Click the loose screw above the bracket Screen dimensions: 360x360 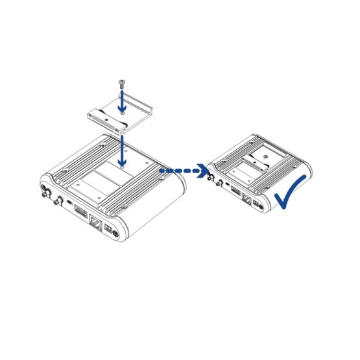[121, 84]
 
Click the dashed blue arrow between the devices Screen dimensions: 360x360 [184, 172]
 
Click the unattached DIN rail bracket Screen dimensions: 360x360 [123, 114]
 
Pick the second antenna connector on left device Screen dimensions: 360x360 [58, 200]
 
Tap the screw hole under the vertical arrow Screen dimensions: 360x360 [123, 167]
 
